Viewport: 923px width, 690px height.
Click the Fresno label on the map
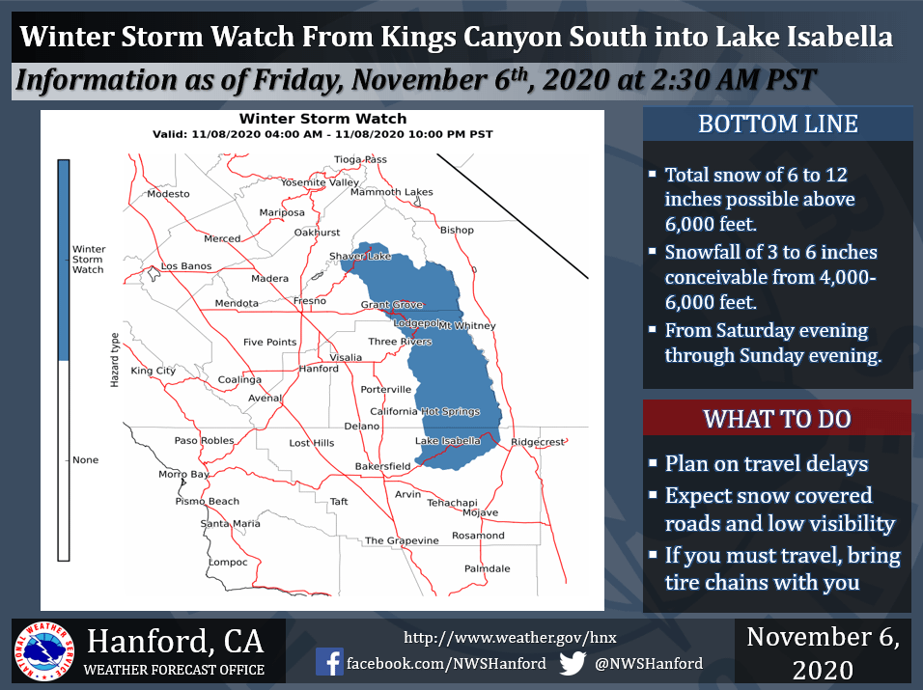click(x=310, y=300)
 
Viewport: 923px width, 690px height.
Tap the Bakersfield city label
click(x=382, y=466)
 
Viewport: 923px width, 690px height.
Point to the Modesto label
click(x=168, y=194)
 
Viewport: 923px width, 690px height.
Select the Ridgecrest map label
click(x=538, y=442)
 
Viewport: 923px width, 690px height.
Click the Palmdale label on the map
click(x=488, y=568)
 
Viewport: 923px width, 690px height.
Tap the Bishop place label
click(x=457, y=230)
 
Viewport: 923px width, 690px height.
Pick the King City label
click(x=154, y=371)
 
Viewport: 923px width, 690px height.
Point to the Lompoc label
click(x=228, y=563)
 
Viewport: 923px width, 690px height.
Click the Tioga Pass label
click(x=360, y=159)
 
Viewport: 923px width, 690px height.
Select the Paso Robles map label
click(x=205, y=441)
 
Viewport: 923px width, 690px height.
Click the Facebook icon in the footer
click(x=329, y=662)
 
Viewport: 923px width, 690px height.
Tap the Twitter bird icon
click(x=573, y=663)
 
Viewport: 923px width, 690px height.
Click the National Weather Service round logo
click(x=44, y=651)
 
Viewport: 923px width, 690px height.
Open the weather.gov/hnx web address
click(x=510, y=637)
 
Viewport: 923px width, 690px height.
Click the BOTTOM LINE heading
click(x=777, y=124)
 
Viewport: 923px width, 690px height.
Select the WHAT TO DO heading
click(x=777, y=419)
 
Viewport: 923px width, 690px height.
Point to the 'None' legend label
click(x=85, y=460)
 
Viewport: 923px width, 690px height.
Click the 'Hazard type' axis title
click(x=115, y=360)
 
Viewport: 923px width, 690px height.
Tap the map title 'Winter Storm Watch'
click(x=322, y=119)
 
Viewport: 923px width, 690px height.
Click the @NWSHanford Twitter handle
click(x=649, y=664)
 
